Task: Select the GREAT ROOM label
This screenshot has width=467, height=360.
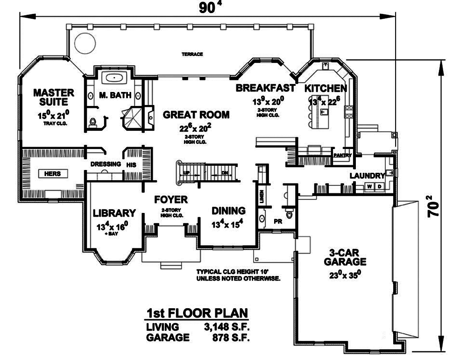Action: coord(196,114)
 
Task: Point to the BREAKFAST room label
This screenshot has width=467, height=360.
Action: coord(265,88)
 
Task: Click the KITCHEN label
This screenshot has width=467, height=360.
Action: coord(325,88)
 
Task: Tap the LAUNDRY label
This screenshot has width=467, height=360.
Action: coord(367,176)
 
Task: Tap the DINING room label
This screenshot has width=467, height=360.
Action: coord(228,211)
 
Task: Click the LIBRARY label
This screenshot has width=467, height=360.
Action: coord(114,213)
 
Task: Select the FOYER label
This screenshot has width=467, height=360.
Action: coord(171,200)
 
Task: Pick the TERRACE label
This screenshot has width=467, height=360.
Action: coord(192,54)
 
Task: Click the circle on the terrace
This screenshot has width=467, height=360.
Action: coord(84,44)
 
